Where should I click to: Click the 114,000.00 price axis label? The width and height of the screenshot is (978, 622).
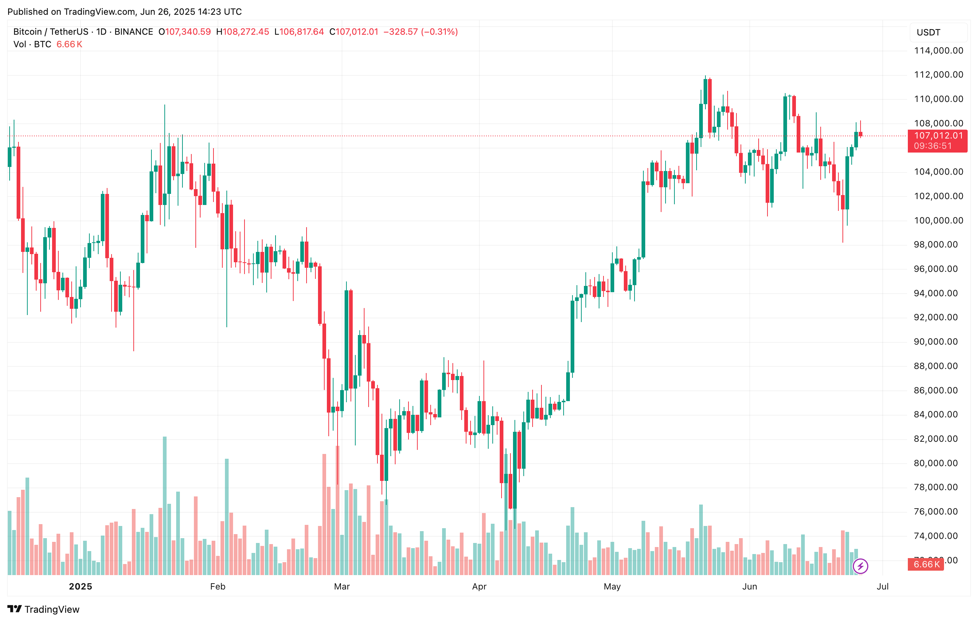(938, 51)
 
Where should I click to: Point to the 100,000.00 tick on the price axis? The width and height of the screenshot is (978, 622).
(938, 221)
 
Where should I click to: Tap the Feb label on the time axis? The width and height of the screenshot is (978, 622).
(218, 586)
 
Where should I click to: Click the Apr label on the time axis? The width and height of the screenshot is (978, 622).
(479, 586)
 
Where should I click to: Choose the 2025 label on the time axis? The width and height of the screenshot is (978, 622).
(81, 586)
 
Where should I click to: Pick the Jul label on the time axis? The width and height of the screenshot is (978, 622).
(883, 586)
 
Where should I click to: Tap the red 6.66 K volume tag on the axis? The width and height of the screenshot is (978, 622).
(926, 564)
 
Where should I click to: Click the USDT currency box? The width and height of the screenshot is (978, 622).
(938, 33)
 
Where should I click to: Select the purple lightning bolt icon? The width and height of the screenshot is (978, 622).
(861, 566)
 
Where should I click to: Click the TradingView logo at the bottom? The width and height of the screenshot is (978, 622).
(44, 609)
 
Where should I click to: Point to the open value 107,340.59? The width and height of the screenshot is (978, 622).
(188, 32)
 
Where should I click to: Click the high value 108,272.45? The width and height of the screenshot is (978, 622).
(245, 32)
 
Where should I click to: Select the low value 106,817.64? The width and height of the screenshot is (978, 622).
(301, 32)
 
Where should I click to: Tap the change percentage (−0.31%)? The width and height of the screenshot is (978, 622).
(440, 32)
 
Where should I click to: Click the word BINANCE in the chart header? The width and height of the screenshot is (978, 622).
(134, 32)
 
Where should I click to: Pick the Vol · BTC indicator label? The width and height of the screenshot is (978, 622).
(32, 44)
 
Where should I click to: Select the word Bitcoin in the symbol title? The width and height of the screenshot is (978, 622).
(27, 32)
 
